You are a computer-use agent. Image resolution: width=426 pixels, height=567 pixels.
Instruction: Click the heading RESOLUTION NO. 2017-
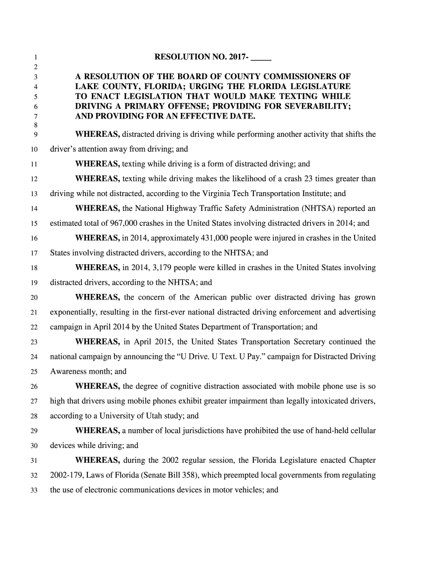(202, 57)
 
